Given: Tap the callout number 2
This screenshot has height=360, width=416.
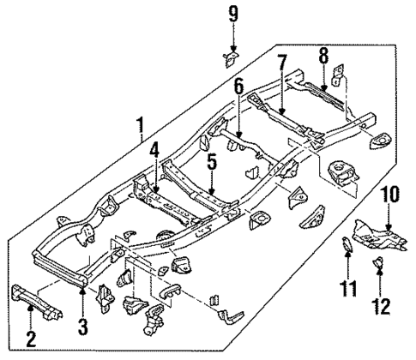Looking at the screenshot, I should [31, 340].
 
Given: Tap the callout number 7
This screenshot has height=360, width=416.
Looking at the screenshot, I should [280, 63].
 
